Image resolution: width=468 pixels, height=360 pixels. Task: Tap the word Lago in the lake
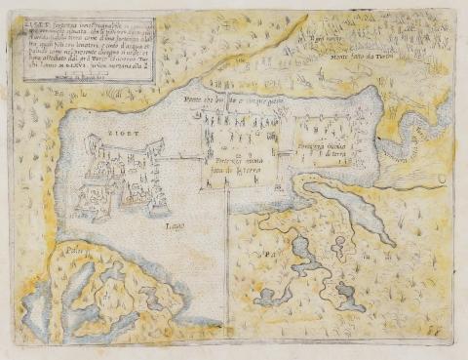click(x=175, y=226)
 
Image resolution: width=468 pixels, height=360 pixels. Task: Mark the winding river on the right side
click(x=410, y=136)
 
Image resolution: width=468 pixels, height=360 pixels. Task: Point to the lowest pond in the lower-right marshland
click(x=346, y=293)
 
